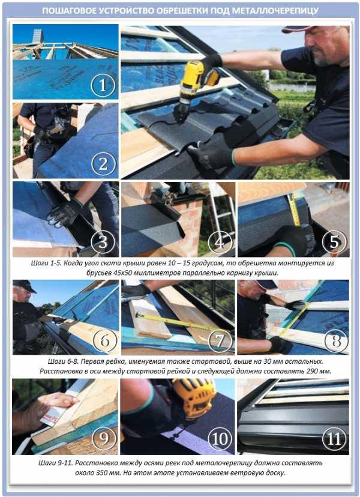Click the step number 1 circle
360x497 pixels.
coord(103,85)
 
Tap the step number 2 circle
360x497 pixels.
coord(103,164)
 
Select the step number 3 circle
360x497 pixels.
coord(103,242)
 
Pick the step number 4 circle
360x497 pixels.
coord(220,242)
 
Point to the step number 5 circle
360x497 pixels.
coord(334,242)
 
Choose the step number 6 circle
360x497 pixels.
coord(105,341)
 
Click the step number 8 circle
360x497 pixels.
coord(336,341)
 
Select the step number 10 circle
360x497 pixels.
coord(220,439)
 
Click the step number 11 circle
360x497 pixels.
coord(334,439)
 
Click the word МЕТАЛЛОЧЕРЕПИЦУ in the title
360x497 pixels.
coord(275,11)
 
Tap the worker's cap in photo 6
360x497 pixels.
coord(24,285)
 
